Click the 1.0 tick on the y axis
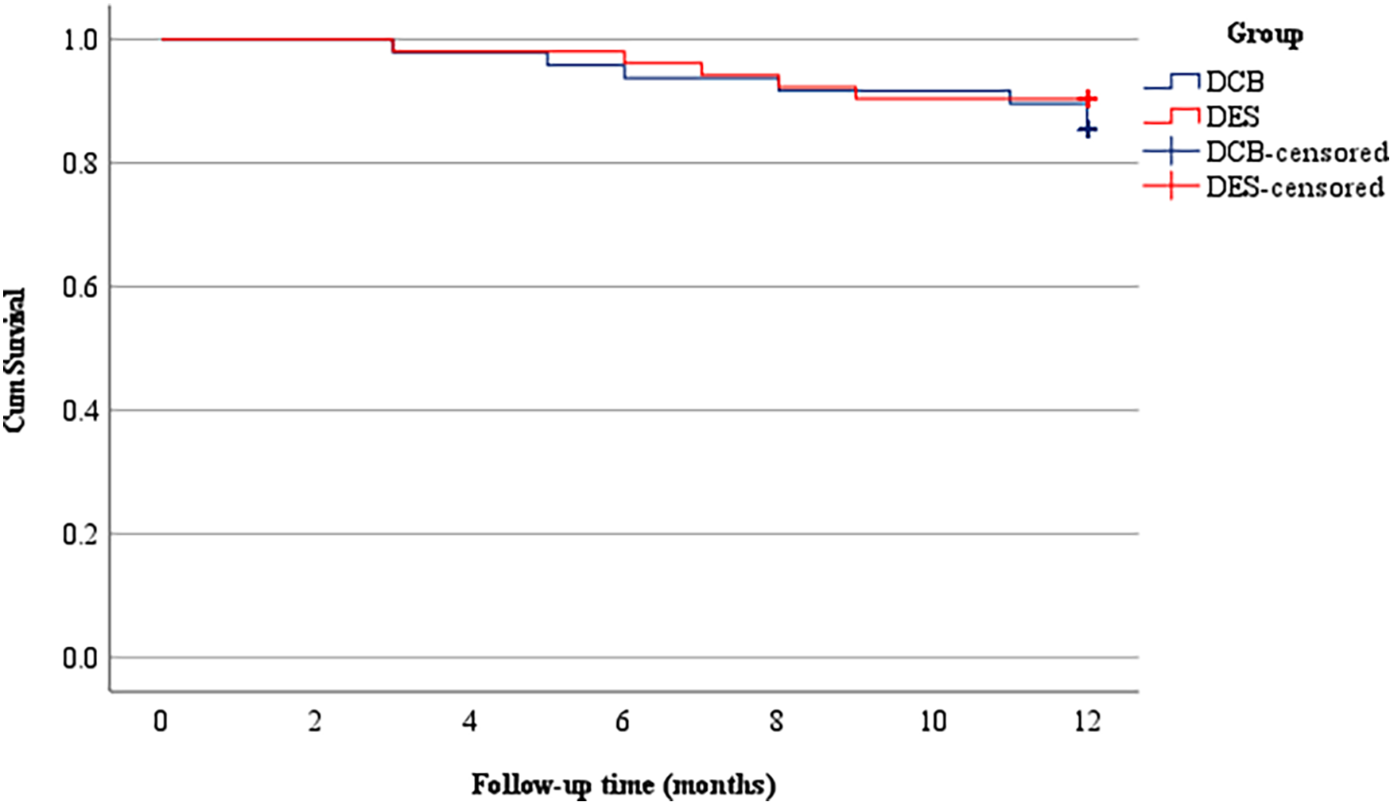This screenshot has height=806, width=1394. (80, 40)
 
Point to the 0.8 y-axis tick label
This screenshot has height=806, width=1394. (80, 164)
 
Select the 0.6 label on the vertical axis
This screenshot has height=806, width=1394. (80, 287)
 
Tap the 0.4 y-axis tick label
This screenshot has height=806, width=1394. (80, 411)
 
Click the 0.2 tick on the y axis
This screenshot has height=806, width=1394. (80, 534)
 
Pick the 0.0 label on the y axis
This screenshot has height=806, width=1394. (80, 658)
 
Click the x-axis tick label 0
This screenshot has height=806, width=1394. (161, 722)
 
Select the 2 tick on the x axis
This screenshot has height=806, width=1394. (315, 722)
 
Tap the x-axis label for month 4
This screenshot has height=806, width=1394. (469, 722)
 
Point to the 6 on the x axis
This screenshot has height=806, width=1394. (623, 722)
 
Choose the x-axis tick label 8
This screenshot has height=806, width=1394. (777, 722)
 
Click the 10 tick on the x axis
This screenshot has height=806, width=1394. (933, 722)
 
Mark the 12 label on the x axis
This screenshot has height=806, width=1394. (1086, 722)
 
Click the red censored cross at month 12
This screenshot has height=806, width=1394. (1087, 99)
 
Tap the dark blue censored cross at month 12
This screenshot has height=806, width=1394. (1087, 129)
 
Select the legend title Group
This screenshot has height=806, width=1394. (1264, 34)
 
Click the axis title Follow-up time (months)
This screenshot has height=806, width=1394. (623, 785)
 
